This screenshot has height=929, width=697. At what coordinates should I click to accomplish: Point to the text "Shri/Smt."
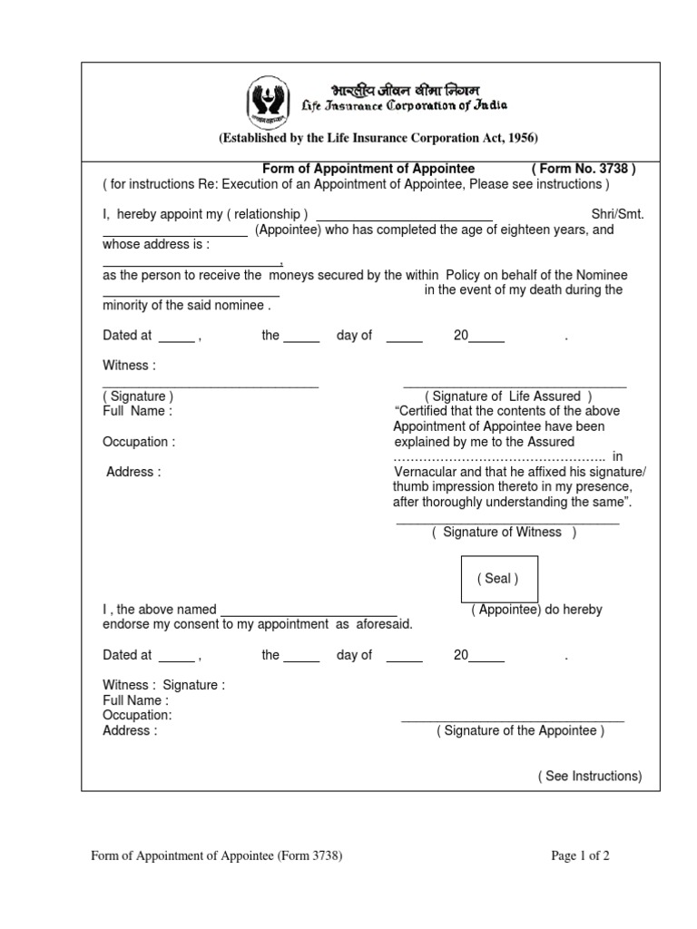click(x=616, y=215)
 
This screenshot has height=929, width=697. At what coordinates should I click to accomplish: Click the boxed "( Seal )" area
click(x=499, y=579)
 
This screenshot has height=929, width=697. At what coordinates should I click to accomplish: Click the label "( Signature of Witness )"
click(x=504, y=533)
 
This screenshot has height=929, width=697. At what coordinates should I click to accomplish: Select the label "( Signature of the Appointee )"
click(x=520, y=731)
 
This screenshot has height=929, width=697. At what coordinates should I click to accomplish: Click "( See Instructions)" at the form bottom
click(x=589, y=777)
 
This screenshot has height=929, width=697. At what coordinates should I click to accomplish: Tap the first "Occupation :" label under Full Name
click(x=139, y=442)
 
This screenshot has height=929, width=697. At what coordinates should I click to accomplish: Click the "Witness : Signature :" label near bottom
click(x=163, y=685)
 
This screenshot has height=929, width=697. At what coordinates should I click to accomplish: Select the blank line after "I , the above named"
click(x=309, y=610)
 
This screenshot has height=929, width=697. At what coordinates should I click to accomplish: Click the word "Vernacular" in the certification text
click(x=425, y=472)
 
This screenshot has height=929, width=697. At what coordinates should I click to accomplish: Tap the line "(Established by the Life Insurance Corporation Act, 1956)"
click(x=378, y=138)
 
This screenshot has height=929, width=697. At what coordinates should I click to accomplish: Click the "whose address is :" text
click(x=156, y=245)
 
